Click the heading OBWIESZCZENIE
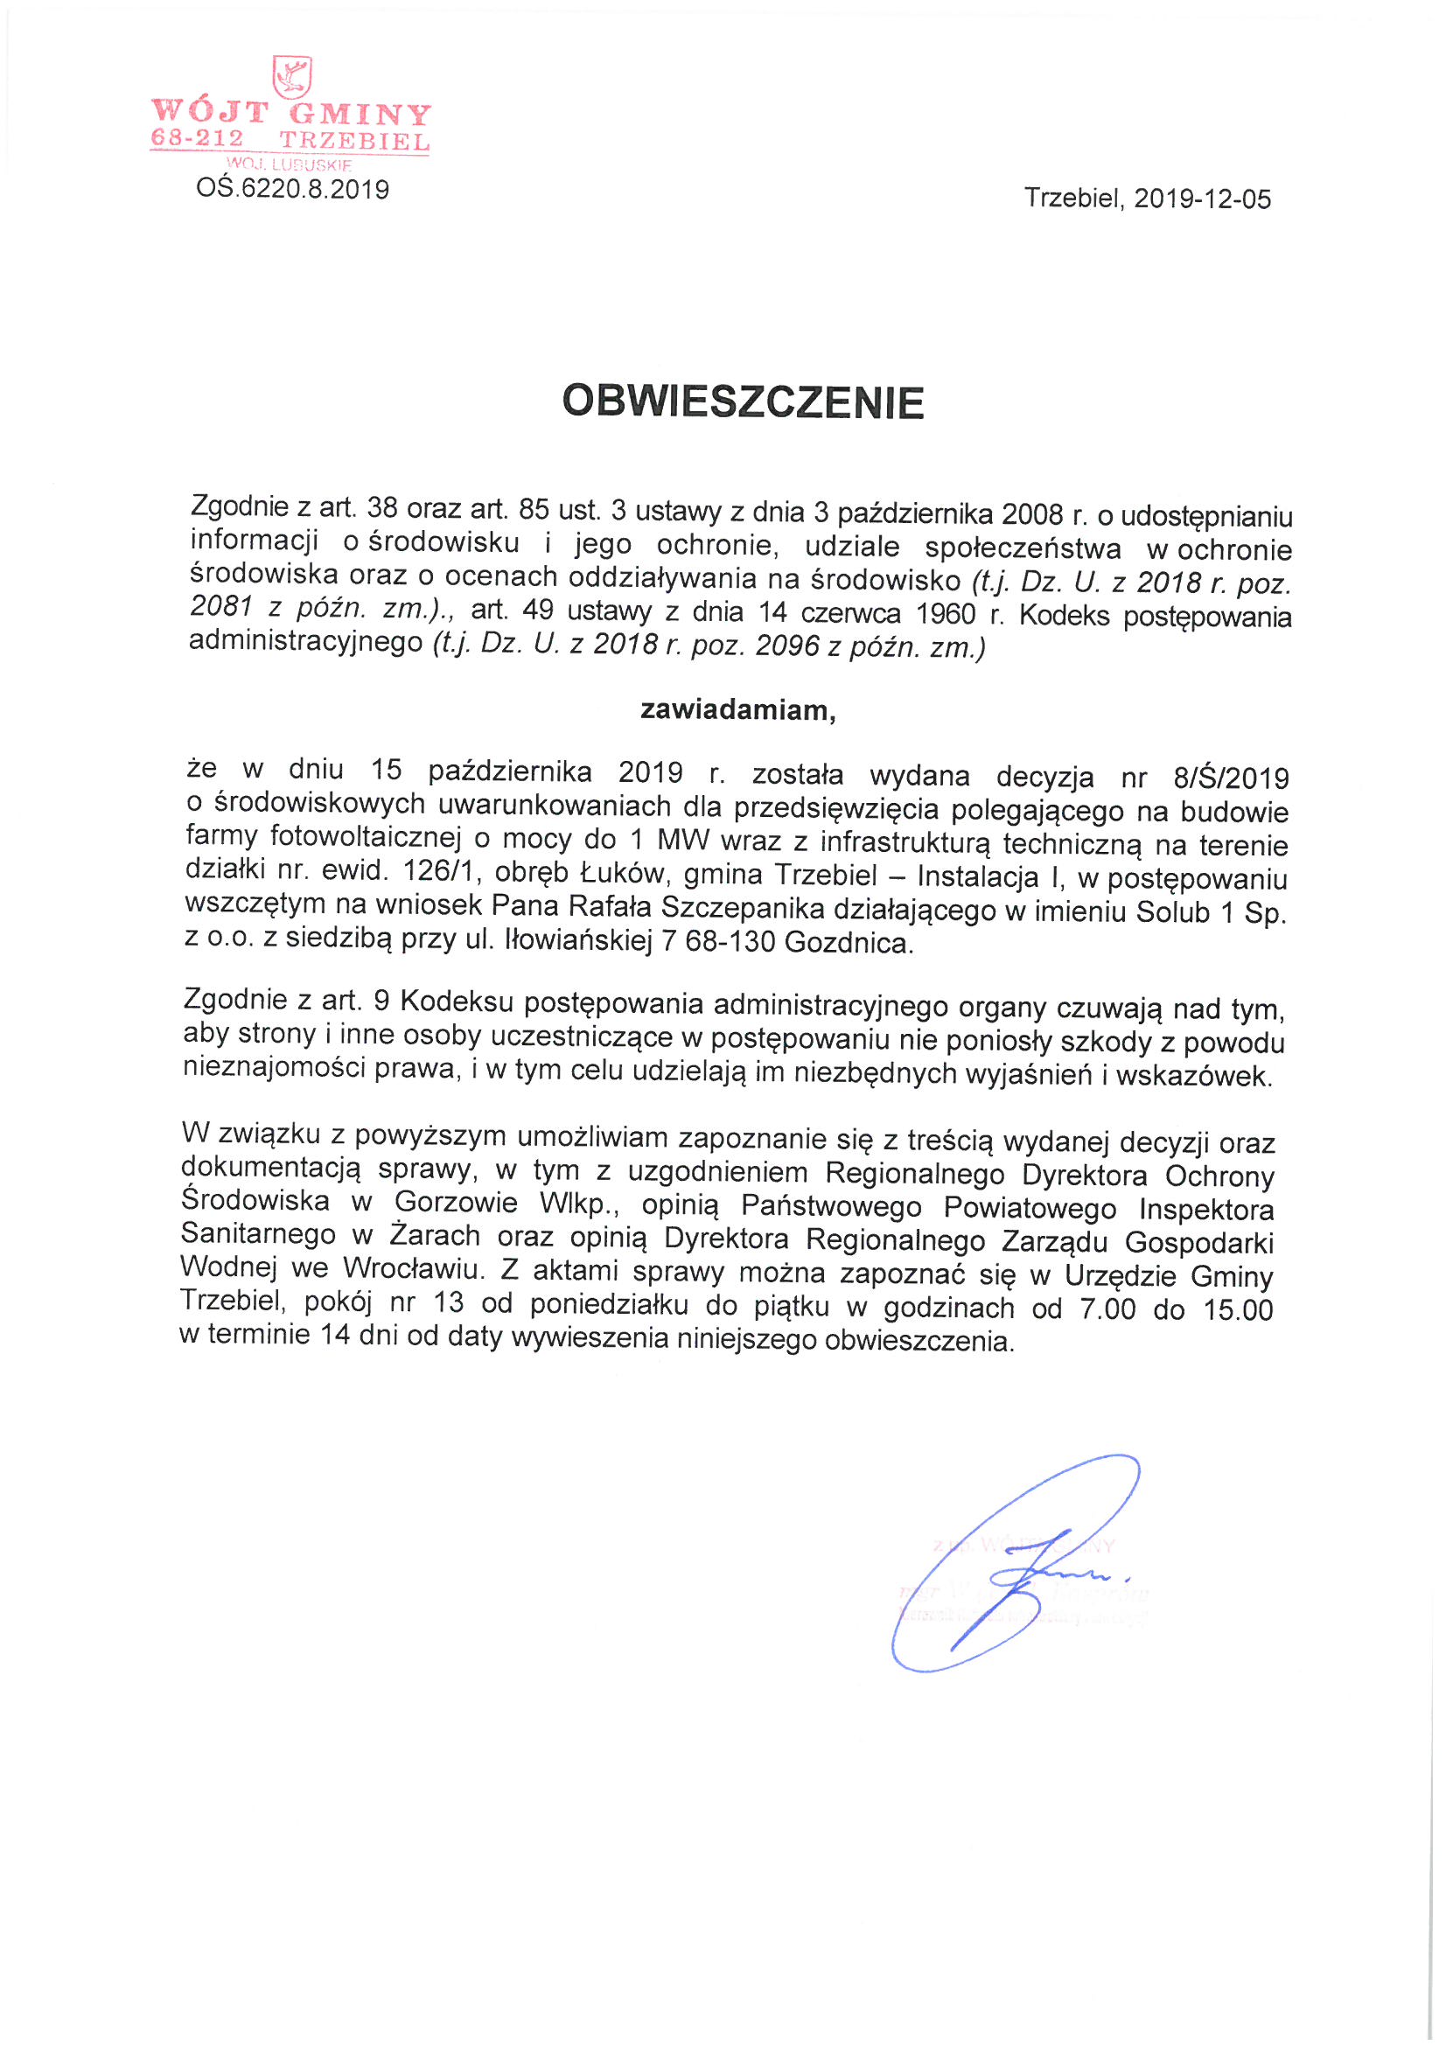(x=742, y=401)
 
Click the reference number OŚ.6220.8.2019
(x=292, y=189)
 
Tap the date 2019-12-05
(x=1202, y=199)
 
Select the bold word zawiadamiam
(x=737, y=710)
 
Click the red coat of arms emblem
(x=291, y=78)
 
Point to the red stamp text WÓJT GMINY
(x=291, y=113)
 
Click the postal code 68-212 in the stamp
(x=197, y=138)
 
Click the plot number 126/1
(x=437, y=870)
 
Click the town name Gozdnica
(x=849, y=942)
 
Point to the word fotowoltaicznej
(x=367, y=836)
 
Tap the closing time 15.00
(x=1239, y=1309)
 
